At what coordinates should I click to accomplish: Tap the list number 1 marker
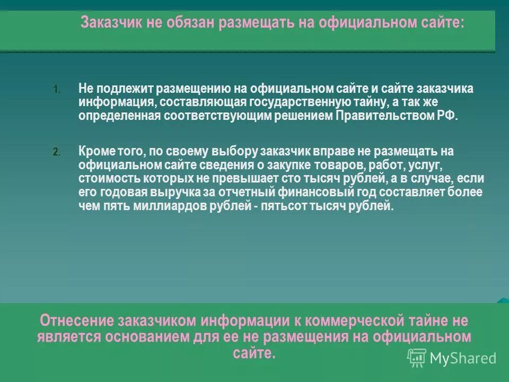click(x=57, y=89)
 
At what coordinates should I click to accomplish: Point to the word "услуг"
click(x=424, y=165)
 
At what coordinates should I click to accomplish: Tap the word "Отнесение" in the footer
click(x=76, y=321)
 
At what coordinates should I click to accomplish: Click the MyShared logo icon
click(x=417, y=358)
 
